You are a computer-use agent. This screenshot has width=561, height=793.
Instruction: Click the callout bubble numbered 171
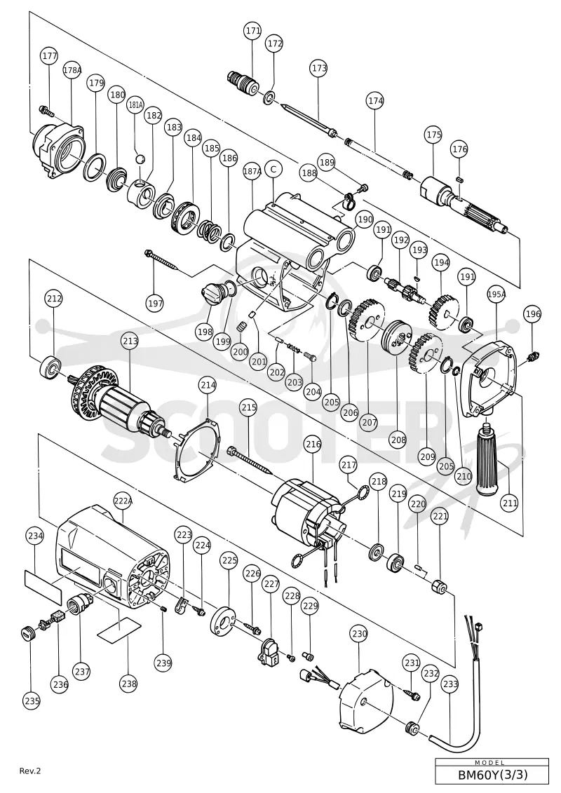pos(253,31)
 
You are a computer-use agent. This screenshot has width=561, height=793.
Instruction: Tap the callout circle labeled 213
pos(130,341)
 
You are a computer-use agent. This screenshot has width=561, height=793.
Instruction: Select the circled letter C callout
pos(273,170)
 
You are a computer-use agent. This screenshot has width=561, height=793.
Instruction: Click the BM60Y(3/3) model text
pos(492,779)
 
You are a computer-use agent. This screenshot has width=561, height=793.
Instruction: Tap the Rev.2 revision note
pos(30,771)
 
